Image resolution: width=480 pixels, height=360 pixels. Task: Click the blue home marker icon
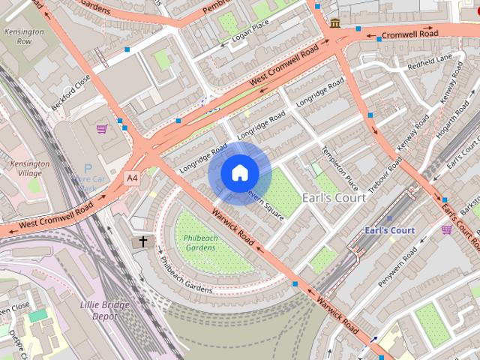[238, 173]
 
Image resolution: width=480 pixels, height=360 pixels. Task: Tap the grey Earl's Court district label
[334, 198]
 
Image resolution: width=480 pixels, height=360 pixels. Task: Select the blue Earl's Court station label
[389, 230]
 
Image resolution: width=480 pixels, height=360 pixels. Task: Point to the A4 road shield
[132, 178]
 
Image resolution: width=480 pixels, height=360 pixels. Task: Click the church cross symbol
[142, 241]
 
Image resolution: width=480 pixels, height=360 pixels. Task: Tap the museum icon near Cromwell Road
[334, 24]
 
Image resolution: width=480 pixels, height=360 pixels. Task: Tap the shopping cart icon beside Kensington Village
[101, 129]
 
